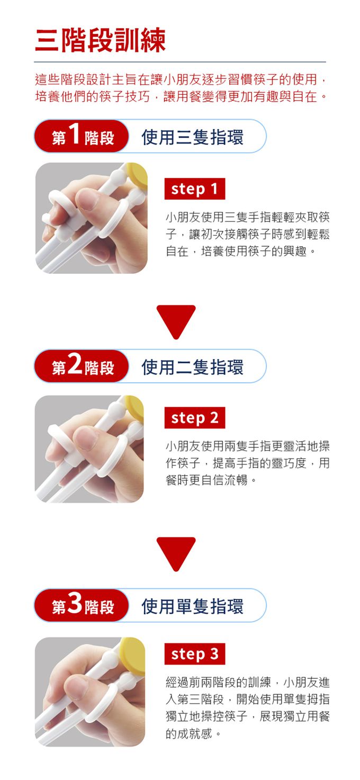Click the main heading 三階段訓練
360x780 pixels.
[100, 40]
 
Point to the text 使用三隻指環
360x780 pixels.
[193, 137]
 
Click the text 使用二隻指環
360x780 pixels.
[193, 366]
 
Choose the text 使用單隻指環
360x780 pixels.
[193, 606]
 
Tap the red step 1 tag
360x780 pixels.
[195, 189]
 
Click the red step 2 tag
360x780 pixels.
[195, 418]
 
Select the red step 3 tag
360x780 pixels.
[195, 654]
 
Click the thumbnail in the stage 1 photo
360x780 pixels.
[87, 200]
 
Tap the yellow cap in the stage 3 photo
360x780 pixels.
[133, 649]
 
